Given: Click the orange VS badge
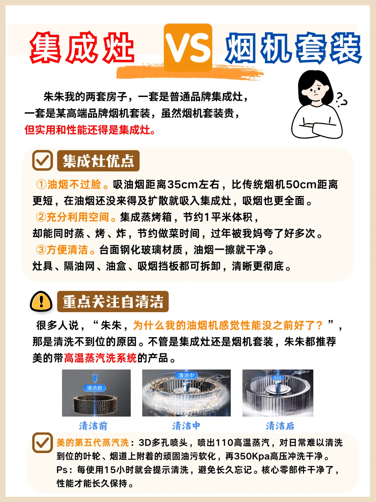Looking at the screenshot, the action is click(x=188, y=48).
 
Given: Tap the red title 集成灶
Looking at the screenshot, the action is click(x=82, y=47).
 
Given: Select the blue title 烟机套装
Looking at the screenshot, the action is click(x=293, y=48).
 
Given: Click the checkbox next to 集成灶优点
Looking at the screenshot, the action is click(x=42, y=160).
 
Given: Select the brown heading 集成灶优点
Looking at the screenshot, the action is click(x=98, y=160).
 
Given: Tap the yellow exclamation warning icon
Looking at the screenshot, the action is click(x=41, y=301).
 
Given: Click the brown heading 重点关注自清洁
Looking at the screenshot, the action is click(x=113, y=301).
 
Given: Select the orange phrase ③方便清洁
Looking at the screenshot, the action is click(x=65, y=249).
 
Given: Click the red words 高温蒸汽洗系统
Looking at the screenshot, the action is click(x=100, y=358).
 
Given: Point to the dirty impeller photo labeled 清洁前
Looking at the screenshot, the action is click(x=96, y=393).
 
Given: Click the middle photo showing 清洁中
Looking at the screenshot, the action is click(x=186, y=393).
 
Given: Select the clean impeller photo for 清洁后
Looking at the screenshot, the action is click(x=278, y=393).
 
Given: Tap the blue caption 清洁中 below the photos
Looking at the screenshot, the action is click(x=186, y=426).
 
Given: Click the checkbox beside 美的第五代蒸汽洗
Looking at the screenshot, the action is click(x=42, y=443).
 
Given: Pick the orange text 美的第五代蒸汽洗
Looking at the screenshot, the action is click(x=93, y=443).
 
